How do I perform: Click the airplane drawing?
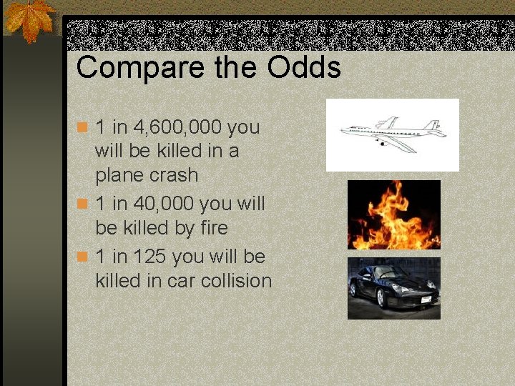pyautogui.click(x=392, y=134)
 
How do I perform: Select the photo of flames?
pyautogui.click(x=393, y=214)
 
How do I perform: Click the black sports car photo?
pyautogui.click(x=393, y=287)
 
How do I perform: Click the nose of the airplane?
pyautogui.click(x=343, y=130)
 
